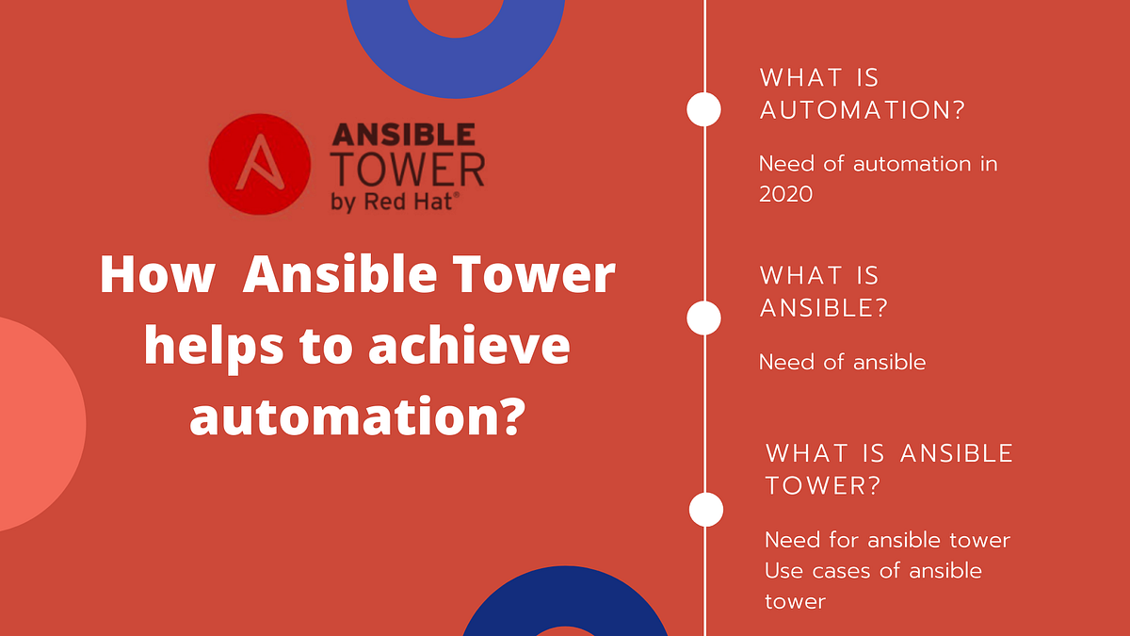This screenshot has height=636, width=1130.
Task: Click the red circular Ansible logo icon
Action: tap(259, 162)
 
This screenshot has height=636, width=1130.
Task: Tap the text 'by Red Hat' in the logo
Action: tap(395, 202)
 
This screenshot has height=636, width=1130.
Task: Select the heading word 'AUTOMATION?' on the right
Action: tap(863, 109)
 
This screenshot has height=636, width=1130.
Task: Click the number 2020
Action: tap(786, 193)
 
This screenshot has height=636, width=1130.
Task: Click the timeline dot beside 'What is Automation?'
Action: tap(703, 108)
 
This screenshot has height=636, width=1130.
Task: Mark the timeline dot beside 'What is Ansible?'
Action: tap(703, 318)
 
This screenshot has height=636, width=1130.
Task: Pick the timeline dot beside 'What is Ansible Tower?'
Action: tap(706, 509)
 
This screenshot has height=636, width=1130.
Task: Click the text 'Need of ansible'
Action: tap(842, 362)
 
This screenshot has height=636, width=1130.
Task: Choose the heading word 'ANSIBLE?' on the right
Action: tap(823, 307)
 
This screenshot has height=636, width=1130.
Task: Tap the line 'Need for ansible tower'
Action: tap(887, 540)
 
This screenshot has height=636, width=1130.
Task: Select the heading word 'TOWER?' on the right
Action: tap(822, 485)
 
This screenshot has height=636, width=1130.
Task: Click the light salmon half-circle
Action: tap(38, 424)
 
